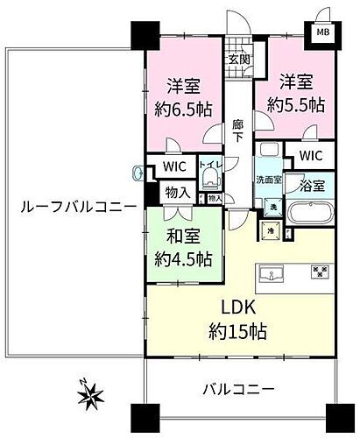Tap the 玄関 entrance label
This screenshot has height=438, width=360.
point(239,60)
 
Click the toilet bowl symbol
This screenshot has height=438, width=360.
point(208,180)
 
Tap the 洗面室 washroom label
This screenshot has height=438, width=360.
point(269,180)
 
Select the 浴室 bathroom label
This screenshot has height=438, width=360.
point(312,185)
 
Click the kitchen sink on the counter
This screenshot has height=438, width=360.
point(271,275)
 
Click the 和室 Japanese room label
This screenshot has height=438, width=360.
point(186,235)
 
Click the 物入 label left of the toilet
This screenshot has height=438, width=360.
point(177,193)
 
